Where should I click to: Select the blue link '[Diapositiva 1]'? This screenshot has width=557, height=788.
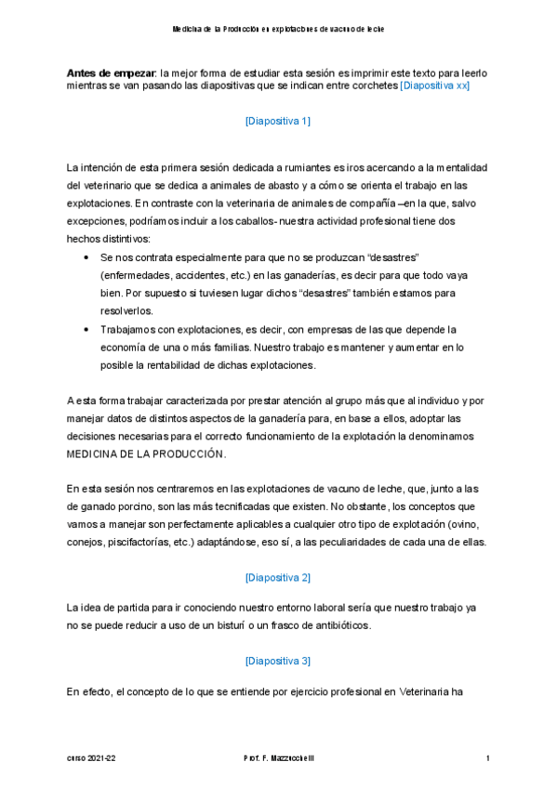(x=278, y=121)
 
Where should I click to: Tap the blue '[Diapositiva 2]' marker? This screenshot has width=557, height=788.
(x=278, y=577)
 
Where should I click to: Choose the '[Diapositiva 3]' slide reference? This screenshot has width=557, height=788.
(x=278, y=661)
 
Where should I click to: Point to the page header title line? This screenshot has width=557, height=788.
(x=278, y=30)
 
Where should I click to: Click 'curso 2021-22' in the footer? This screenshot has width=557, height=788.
(x=91, y=759)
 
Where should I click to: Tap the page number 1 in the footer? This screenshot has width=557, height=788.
(x=487, y=759)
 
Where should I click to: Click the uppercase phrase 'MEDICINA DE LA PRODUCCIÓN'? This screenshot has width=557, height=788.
(x=146, y=455)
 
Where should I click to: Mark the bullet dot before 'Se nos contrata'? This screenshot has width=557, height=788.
(x=86, y=256)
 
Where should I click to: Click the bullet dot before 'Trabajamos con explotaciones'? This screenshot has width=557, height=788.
(x=86, y=330)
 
